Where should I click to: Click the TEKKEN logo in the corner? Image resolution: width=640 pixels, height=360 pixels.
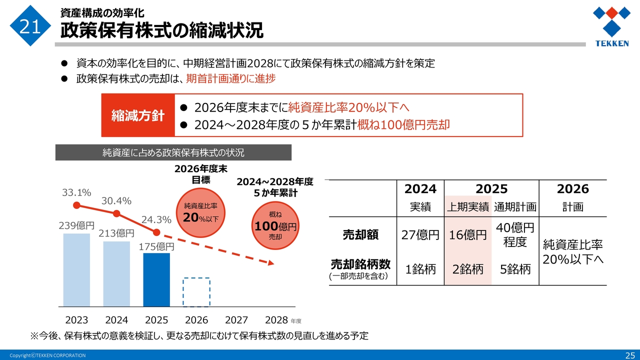click(x=611, y=27)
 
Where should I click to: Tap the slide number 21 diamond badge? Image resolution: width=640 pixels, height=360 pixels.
click(x=30, y=26)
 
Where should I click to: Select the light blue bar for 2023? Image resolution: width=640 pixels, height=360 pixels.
click(x=76, y=270)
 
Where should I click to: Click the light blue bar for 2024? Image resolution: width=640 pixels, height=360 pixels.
click(x=116, y=274)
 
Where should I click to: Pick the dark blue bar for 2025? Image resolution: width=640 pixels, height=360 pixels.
click(x=156, y=280)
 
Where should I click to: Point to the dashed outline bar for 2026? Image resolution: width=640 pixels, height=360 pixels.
click(x=196, y=292)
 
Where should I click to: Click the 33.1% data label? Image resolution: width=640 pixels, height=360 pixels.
click(x=76, y=192)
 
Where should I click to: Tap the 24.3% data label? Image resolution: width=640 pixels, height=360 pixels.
click(x=156, y=219)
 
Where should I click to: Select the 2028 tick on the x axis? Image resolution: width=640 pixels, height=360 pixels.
click(x=276, y=320)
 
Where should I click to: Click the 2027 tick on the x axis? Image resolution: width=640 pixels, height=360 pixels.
click(x=236, y=320)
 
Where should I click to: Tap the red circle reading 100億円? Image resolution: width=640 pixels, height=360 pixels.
click(x=275, y=226)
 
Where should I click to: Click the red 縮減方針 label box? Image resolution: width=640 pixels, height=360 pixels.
click(x=138, y=115)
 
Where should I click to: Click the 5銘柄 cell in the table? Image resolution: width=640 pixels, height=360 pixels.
click(x=515, y=269)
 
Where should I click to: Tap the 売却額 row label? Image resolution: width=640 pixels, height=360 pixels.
click(x=360, y=234)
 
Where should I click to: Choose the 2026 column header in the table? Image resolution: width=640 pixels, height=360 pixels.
click(x=572, y=189)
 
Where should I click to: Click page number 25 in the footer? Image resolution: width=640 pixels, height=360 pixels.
click(x=629, y=355)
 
